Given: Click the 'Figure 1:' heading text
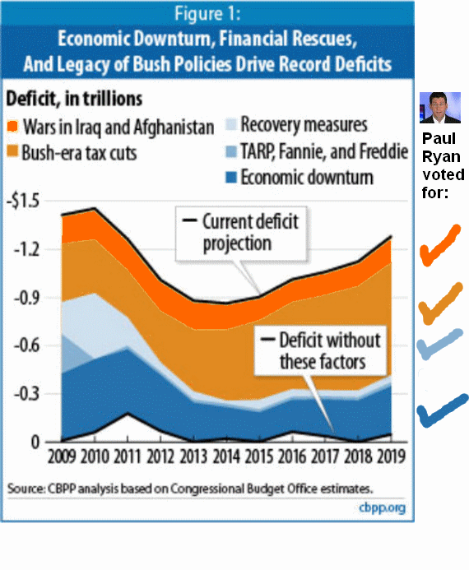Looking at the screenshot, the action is click(x=207, y=14).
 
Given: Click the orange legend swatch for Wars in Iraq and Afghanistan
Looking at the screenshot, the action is click(x=12, y=126).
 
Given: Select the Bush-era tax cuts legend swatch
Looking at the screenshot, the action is click(x=12, y=151).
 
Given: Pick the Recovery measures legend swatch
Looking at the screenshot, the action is click(x=231, y=124).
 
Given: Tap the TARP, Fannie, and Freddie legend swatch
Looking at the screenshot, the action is click(x=231, y=151).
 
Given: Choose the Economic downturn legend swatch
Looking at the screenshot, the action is click(x=231, y=178).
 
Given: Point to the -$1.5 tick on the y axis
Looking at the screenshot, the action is click(x=23, y=201).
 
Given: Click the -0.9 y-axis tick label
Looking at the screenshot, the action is click(x=26, y=298).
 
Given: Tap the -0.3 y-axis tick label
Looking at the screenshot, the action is click(x=26, y=394).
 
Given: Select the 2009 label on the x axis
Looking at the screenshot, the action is click(x=62, y=456).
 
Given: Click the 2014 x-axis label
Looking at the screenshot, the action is click(x=226, y=456).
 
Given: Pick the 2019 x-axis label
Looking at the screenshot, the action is click(x=391, y=456).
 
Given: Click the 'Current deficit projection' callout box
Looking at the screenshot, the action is click(x=241, y=234).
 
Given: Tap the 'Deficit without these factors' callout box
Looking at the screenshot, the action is click(x=320, y=350).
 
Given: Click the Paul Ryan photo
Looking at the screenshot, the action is click(x=440, y=108).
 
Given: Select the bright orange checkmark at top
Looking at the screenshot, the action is click(x=440, y=246).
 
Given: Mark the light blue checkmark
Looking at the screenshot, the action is click(x=439, y=345).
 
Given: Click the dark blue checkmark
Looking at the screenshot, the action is click(x=442, y=410).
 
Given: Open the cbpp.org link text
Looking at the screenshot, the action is click(x=382, y=507).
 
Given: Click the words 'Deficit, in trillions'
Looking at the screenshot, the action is click(x=74, y=99).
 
